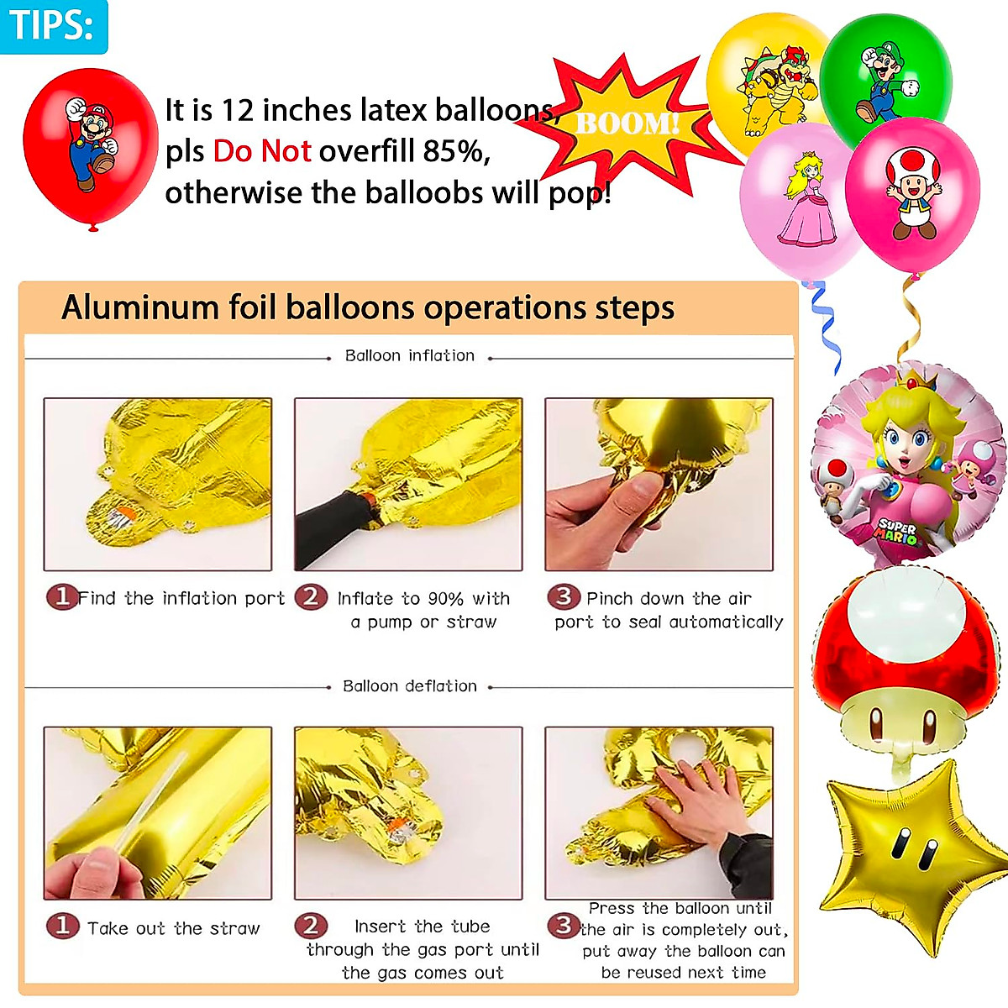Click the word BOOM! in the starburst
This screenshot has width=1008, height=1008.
tap(627, 124)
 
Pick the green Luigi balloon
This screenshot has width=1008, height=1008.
tap(886, 76)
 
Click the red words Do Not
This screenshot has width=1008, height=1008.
tap(262, 151)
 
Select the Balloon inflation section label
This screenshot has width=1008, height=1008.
tap(409, 355)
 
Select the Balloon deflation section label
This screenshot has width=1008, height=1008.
tap(409, 686)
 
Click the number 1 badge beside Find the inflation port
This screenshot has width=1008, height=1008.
tap(61, 597)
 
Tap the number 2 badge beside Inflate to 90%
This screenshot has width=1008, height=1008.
tap(311, 597)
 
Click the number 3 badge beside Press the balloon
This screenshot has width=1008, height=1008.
tap(563, 926)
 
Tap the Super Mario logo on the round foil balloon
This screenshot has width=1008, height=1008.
tap(897, 531)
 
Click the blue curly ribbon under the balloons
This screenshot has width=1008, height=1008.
tap(827, 328)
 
